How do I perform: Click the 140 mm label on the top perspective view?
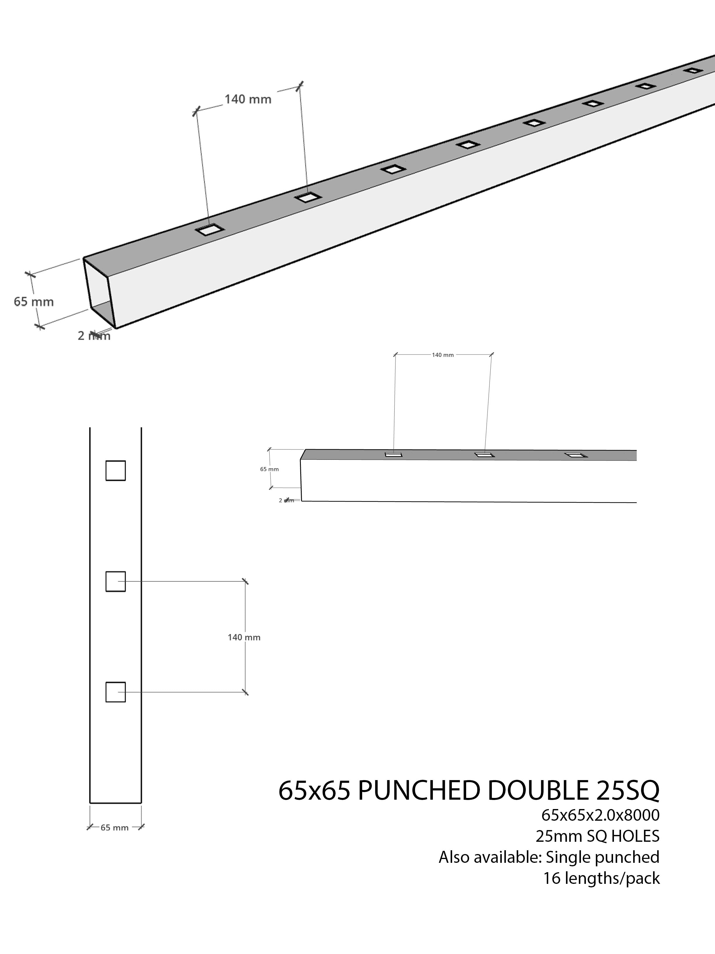(248, 99)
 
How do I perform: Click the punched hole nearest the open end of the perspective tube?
(209, 230)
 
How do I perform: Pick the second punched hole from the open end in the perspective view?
(308, 197)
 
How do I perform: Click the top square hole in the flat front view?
(115, 471)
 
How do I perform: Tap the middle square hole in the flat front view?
(115, 581)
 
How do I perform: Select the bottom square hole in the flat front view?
(115, 692)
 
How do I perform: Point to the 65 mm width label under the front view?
(115, 828)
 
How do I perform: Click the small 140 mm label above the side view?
(442, 355)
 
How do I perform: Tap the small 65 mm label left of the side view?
(269, 469)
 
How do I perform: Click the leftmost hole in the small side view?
(393, 454)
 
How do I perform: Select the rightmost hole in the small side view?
(576, 455)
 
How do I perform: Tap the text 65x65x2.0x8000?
(600, 815)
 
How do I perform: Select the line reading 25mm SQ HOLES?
(597, 836)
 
